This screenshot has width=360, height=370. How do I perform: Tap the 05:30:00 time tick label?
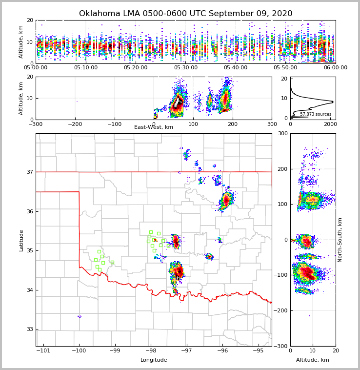click(x=186, y=68)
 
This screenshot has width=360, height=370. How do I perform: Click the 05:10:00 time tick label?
click(x=86, y=68)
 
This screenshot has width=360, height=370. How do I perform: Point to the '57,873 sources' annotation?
click(x=315, y=114)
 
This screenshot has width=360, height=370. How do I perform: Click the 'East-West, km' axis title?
click(x=154, y=127)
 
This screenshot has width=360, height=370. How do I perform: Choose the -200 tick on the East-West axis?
click(x=75, y=124)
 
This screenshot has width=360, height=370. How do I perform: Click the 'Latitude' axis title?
click(x=21, y=240)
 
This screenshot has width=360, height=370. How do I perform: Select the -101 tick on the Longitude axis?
click(x=43, y=351)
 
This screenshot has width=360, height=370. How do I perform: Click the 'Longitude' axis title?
click(x=154, y=360)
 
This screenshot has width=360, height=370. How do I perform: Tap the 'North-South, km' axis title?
click(x=340, y=240)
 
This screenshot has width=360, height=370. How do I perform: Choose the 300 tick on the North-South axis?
click(x=281, y=133)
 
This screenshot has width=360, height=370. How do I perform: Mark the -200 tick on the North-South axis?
click(x=280, y=310)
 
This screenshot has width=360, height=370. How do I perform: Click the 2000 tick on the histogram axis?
click(x=330, y=124)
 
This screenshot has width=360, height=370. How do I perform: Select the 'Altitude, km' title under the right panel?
click(x=313, y=360)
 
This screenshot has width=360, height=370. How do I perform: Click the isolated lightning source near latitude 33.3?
click(x=80, y=316)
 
